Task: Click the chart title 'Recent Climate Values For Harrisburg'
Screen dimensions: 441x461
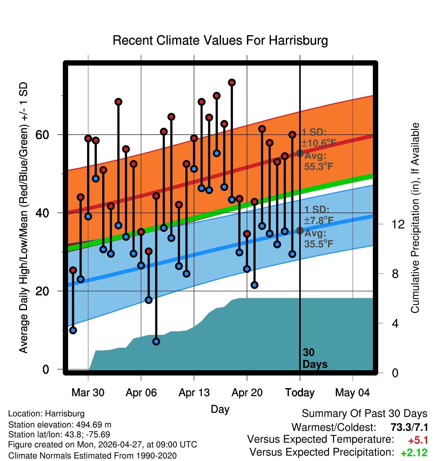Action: (220, 40)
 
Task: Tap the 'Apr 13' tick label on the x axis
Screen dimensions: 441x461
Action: (194, 393)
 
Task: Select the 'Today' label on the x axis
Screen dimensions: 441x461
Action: (300, 393)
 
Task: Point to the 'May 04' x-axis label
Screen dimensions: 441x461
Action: (352, 393)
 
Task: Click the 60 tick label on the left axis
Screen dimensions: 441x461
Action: (42, 135)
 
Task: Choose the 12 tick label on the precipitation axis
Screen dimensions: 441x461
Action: (398, 224)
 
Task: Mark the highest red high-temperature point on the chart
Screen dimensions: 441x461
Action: (232, 82)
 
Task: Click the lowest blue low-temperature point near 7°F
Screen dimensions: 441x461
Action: (156, 341)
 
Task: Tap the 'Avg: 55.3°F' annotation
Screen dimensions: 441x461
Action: (319, 161)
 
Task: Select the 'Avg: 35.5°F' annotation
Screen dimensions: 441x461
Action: (319, 239)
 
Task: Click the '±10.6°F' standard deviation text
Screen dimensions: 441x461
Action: (319, 143)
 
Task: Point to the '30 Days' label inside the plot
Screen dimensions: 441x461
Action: (315, 358)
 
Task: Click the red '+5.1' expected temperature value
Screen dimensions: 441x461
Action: (418, 440)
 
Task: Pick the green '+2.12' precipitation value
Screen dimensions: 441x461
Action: (414, 453)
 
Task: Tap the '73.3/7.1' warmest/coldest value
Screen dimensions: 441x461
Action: (409, 427)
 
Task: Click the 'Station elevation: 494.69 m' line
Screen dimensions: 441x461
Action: (60, 425)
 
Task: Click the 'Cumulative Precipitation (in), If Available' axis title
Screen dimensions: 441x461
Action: (415, 218)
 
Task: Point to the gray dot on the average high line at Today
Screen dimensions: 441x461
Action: (300, 153)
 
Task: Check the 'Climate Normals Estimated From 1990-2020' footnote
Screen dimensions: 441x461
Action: (92, 456)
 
